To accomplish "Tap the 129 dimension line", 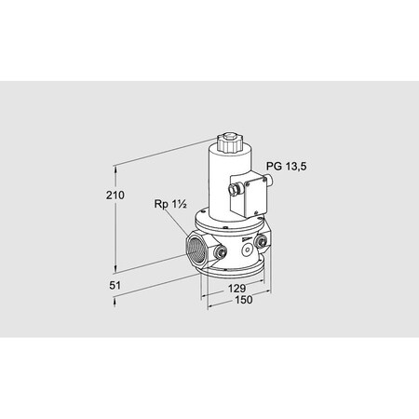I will click(x=233, y=297).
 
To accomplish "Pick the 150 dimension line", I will click(x=237, y=308).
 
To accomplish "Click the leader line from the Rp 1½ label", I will click(x=179, y=221).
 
